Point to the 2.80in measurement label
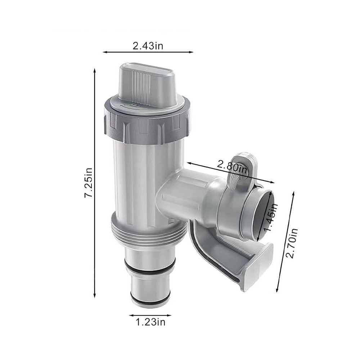(x=232, y=166)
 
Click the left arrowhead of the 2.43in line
(x=104, y=52)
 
